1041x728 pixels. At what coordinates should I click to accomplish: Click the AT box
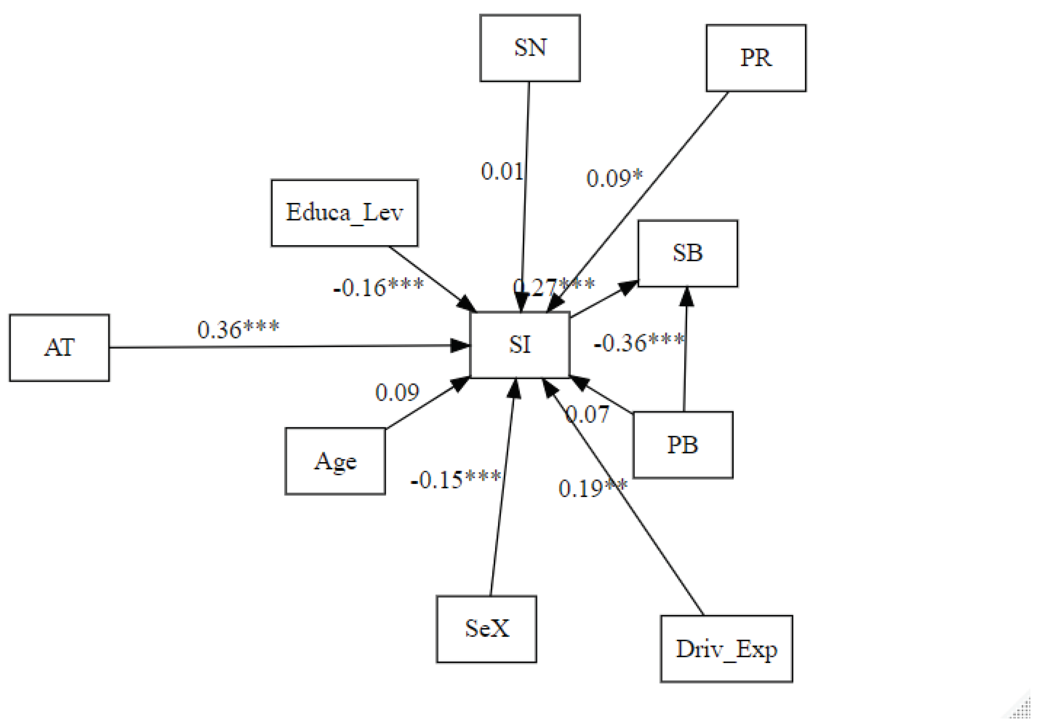pyautogui.click(x=59, y=348)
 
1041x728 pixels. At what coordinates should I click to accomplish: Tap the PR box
pyautogui.click(x=756, y=58)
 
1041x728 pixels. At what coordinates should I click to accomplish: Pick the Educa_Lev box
pyautogui.click(x=344, y=213)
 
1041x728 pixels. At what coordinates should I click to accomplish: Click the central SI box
pyautogui.click(x=520, y=345)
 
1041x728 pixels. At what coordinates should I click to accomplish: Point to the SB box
pyautogui.click(x=688, y=254)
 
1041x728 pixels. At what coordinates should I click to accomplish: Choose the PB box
pyautogui.click(x=683, y=445)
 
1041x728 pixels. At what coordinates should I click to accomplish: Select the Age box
pyautogui.click(x=335, y=461)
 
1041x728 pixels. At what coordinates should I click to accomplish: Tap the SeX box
pyautogui.click(x=486, y=629)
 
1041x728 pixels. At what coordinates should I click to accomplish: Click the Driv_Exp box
pyautogui.click(x=726, y=649)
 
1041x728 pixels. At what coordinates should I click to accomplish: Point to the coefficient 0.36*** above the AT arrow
pyautogui.click(x=238, y=330)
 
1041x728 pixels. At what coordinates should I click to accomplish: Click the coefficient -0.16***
pyautogui.click(x=379, y=287)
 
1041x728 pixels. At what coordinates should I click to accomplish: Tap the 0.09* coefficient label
pyautogui.click(x=614, y=178)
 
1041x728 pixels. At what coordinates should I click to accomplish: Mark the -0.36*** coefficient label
pyautogui.click(x=639, y=343)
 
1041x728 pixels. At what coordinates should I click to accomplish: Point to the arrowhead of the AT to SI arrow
pyautogui.click(x=461, y=346)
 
